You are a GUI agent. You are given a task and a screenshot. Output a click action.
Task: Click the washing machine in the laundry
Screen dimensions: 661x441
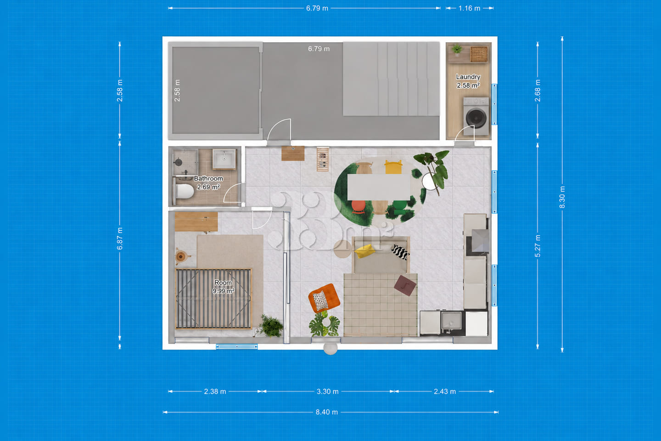[x=476, y=117]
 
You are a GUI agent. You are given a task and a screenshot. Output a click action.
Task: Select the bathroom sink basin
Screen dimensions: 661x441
[x=224, y=159]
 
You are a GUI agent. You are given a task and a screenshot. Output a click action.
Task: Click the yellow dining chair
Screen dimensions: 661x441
[x=393, y=167]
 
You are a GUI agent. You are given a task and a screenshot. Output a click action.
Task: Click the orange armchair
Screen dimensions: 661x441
[x=324, y=298]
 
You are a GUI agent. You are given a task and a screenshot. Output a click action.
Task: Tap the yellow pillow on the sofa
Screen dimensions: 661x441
[x=365, y=251]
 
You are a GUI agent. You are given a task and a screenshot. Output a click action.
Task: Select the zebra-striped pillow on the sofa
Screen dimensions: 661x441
[x=400, y=252]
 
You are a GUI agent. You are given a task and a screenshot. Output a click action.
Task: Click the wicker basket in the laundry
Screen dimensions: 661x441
[x=479, y=54]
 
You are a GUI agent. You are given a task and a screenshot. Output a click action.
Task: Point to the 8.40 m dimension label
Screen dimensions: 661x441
[x=327, y=412]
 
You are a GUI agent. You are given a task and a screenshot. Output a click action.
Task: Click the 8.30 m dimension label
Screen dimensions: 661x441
[x=562, y=197]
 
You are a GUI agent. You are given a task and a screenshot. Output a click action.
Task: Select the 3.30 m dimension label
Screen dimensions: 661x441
[x=328, y=391]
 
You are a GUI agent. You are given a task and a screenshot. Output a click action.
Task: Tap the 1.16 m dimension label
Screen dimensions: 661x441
[x=469, y=8]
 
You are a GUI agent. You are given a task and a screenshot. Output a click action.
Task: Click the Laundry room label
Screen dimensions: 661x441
[x=468, y=77]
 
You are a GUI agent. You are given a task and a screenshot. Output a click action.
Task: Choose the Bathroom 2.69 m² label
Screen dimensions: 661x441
[x=208, y=182]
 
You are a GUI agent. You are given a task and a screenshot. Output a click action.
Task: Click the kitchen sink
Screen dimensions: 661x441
[x=451, y=321]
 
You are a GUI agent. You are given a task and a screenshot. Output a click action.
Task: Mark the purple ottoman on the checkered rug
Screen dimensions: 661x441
[x=405, y=285]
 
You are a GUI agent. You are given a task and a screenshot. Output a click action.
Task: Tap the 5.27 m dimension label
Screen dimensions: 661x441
[x=538, y=246]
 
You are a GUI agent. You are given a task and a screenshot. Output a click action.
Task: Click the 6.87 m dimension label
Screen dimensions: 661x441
[x=119, y=239]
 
